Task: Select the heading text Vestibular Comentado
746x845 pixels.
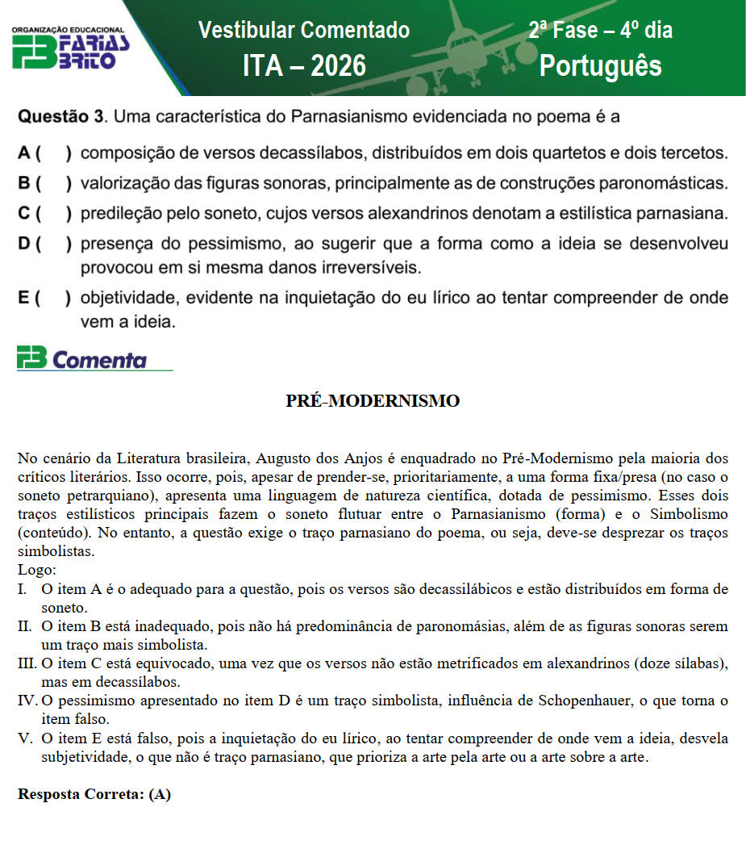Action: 304,31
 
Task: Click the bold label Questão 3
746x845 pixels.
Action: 61,118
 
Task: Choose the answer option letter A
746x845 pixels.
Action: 25,152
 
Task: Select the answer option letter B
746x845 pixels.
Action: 25,183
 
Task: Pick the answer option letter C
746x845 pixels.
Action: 25,214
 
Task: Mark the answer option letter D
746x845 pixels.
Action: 25,244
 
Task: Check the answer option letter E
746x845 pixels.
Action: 25,298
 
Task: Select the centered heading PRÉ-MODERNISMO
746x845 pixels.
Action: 373,401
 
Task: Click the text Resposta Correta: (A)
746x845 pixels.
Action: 94,794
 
